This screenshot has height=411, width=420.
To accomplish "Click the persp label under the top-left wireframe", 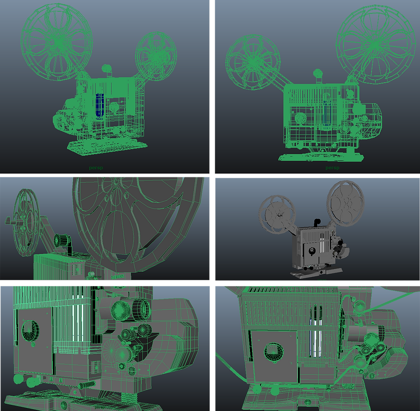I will tap(96, 168).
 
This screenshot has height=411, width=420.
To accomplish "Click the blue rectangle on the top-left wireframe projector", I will tap(100, 105).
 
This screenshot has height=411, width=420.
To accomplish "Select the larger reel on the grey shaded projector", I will tap(345, 203).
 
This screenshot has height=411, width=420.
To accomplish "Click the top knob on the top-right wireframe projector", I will tap(318, 73).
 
